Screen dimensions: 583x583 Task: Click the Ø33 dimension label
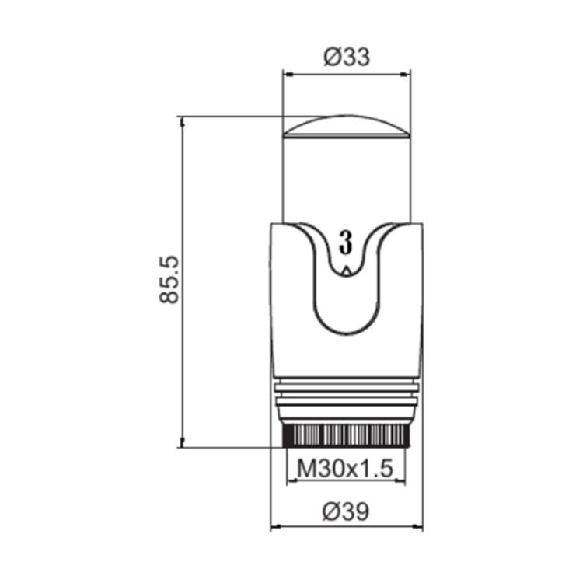pyautogui.click(x=347, y=58)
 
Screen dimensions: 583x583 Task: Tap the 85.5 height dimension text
pyautogui.click(x=169, y=280)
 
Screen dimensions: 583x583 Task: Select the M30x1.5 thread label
pyautogui.click(x=345, y=469)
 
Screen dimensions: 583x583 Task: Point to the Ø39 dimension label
pyautogui.click(x=346, y=511)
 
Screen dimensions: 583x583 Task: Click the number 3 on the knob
pyautogui.click(x=346, y=242)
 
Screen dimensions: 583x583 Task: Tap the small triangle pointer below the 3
pyautogui.click(x=347, y=271)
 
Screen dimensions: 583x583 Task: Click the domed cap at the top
pyautogui.click(x=347, y=127)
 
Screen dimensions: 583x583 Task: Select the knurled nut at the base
pyautogui.click(x=346, y=436)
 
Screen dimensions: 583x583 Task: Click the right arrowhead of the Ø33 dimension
pyautogui.click(x=405, y=75)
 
